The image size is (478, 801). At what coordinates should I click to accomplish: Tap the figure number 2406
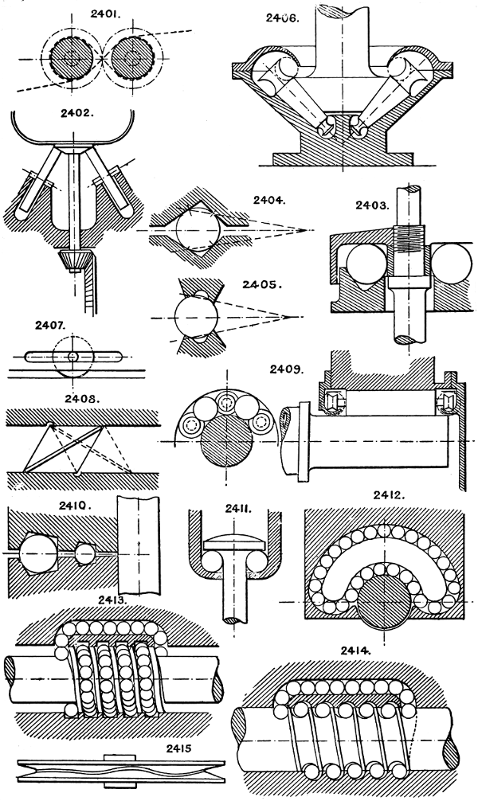pos(282,17)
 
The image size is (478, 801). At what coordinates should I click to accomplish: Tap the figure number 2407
pos(53,326)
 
